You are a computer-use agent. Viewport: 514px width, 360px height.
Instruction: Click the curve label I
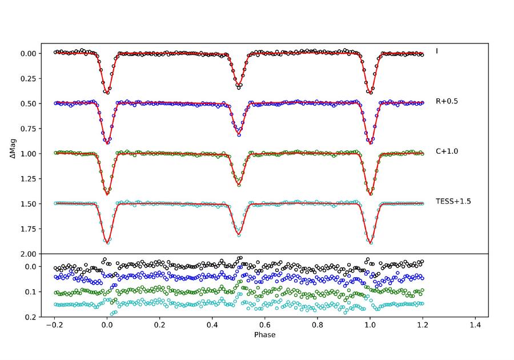pos(437,51)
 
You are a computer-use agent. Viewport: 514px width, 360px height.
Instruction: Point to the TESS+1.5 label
pos(453,201)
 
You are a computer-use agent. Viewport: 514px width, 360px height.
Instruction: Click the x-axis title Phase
pos(264,335)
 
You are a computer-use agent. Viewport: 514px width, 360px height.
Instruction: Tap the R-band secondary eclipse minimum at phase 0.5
pos(239,134)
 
